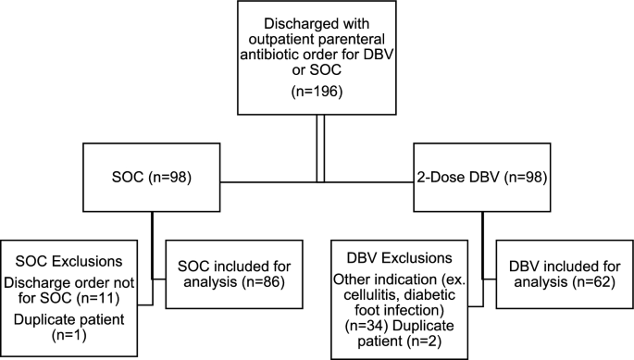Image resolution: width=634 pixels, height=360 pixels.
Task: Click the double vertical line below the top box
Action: point(321,148)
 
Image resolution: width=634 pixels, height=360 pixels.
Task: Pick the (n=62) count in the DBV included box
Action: point(589,282)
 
